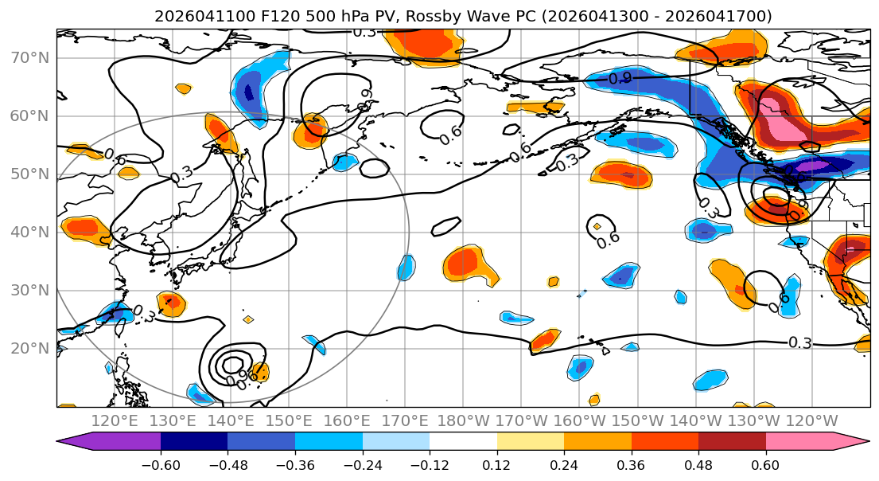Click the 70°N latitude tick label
click(29, 58)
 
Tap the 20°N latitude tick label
click(29, 349)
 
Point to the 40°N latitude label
click(29, 233)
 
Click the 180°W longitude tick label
click(463, 420)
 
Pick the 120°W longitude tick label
click(811, 420)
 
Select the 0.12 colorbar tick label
click(496, 463)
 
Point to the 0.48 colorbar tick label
click(698, 463)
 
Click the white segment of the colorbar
click(463, 442)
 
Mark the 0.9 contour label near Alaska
click(620, 78)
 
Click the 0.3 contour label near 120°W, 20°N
click(799, 342)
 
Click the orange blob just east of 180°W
click(471, 264)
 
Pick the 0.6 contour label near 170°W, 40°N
click(608, 239)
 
